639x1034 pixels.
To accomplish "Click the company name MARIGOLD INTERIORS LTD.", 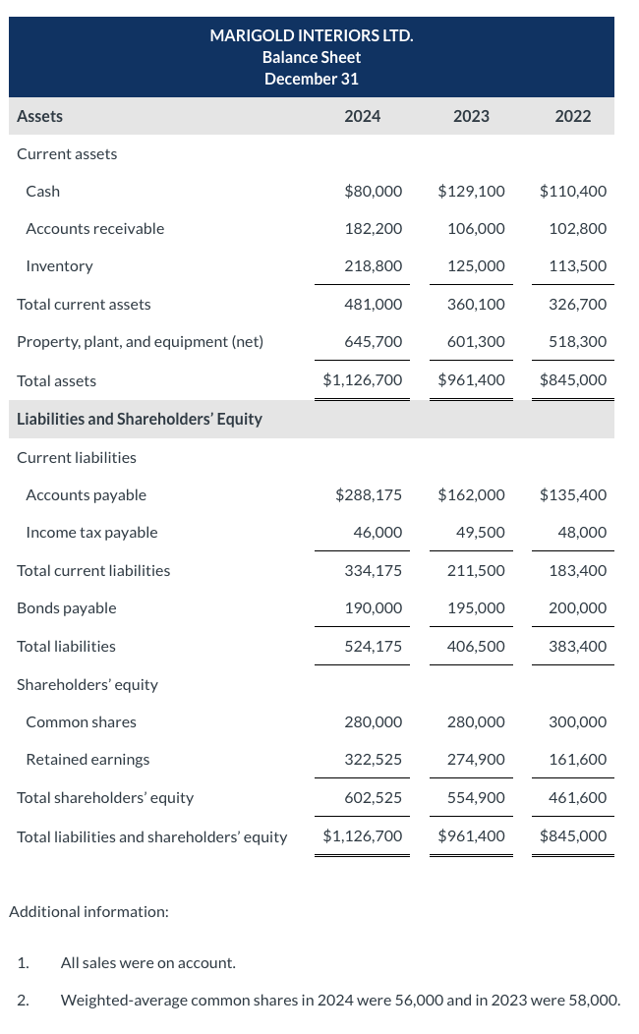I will point(312,36).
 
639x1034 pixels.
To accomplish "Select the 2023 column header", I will point(471,116).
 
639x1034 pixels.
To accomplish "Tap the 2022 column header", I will point(573,116).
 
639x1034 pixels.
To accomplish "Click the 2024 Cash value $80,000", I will point(374,191).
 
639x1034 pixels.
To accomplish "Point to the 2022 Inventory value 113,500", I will point(578,265).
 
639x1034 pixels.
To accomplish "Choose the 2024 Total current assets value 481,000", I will point(374,304).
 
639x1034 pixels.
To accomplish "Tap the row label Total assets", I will point(57,380).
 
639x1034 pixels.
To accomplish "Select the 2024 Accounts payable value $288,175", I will point(369,494).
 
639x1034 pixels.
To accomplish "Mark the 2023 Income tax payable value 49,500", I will point(481,532).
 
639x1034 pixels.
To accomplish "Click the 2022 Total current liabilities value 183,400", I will point(578,570).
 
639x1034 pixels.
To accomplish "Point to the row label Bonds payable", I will point(67,607).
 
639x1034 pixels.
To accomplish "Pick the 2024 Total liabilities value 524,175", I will point(374,646).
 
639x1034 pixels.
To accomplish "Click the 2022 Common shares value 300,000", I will point(578,721).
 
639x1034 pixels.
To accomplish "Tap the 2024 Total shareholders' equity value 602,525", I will point(374,797).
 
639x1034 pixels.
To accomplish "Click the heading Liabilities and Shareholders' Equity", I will point(140,419).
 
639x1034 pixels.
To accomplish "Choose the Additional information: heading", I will point(88,911).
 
